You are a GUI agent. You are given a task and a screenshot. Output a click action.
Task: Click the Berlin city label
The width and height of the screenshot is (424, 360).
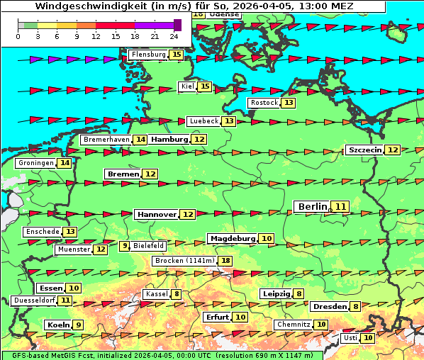(312, 206)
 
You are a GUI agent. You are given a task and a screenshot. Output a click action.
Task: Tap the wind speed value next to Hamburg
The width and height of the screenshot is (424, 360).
(199, 140)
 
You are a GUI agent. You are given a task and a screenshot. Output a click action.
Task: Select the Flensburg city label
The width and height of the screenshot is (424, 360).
(148, 55)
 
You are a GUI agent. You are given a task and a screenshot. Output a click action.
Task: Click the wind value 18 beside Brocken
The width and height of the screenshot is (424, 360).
(226, 261)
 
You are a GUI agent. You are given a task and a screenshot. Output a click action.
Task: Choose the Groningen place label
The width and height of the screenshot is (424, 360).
(36, 163)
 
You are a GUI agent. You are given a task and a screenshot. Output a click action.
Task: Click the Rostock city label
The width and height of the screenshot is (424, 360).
(264, 103)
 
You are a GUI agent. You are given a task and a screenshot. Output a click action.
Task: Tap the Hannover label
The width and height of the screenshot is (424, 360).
(157, 214)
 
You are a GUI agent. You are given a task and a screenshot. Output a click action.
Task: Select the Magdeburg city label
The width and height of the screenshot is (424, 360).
(232, 238)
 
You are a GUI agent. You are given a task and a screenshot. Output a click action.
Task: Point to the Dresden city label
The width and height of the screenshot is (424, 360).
(329, 307)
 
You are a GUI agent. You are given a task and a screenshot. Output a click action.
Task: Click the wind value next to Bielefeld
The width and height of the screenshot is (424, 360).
(125, 246)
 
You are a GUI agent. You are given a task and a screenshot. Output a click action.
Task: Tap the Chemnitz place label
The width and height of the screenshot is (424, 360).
(294, 325)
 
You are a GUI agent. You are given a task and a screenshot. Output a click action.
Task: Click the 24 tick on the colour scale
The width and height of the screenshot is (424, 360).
(174, 36)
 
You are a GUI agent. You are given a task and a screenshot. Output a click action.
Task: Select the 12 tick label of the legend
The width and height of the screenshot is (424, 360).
(96, 36)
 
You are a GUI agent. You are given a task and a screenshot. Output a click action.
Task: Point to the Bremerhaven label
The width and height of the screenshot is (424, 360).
(106, 140)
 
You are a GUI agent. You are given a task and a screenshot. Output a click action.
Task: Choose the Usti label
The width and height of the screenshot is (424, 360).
(350, 338)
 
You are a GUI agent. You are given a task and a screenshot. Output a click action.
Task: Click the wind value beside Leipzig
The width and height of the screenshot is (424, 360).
(299, 294)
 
